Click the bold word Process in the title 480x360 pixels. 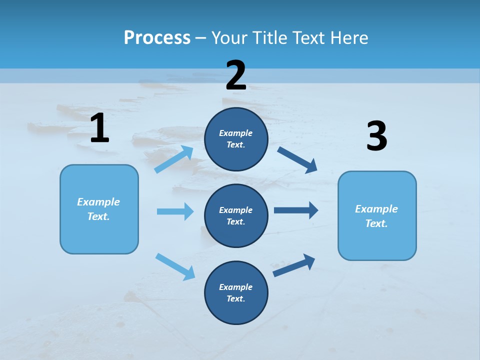[157, 37]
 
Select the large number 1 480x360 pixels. [99, 128]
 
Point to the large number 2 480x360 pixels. [236, 75]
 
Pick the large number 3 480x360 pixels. [376, 137]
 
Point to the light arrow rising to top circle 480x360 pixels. [174, 159]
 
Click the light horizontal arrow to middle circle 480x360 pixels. [175, 211]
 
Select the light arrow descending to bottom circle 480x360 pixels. [175, 266]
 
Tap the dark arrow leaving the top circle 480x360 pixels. [297, 159]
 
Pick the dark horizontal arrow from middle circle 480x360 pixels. [296, 210]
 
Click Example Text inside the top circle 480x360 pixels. [236, 139]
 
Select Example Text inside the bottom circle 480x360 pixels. [236, 293]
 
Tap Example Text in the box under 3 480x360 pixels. [376, 216]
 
